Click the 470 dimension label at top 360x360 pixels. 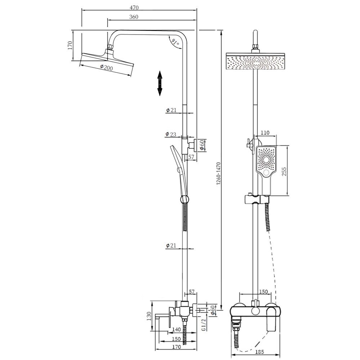pos(134,8)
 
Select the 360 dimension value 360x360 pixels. pos(134,17)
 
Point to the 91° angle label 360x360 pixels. pos(175,42)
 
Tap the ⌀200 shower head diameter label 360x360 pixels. pos(107,67)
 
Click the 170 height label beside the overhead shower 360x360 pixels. pos(70,45)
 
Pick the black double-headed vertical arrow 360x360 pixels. pos(160,84)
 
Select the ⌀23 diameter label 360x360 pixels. pos(171,134)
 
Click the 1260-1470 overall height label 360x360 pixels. pos(219,174)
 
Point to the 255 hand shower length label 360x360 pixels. pos(284,172)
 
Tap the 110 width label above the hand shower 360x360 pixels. pos(265,133)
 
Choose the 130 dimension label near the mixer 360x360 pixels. pos(149,316)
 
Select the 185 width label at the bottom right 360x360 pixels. pos(260,351)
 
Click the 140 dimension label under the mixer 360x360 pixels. pos(176,329)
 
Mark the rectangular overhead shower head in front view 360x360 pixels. pos(256,61)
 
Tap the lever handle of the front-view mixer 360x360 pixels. pos(271,319)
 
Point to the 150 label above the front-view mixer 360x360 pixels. pos(264,292)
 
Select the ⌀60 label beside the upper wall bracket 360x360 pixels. pos(202,145)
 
